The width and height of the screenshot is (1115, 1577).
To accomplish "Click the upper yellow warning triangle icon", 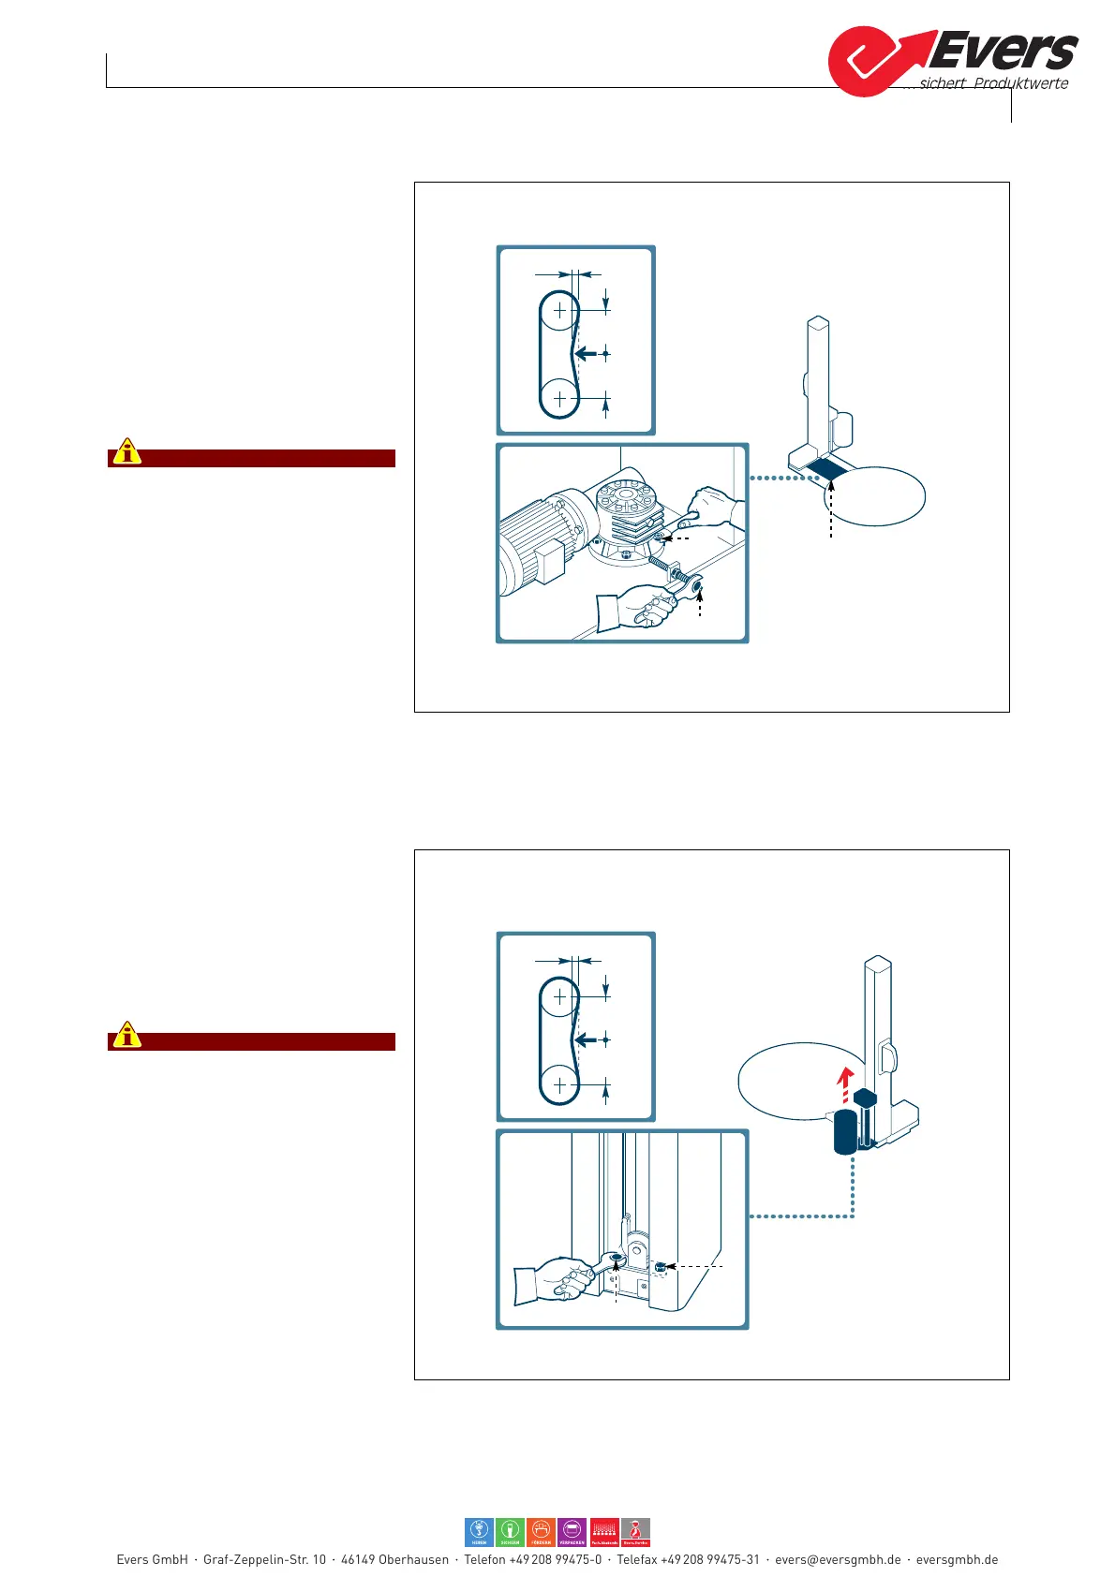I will pyautogui.click(x=126, y=452).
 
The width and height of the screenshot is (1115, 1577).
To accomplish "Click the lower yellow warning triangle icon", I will pyautogui.click(x=126, y=1036).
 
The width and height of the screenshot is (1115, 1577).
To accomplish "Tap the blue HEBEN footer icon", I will pyautogui.click(x=479, y=1532).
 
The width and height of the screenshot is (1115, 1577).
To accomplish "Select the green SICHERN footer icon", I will pyautogui.click(x=510, y=1532).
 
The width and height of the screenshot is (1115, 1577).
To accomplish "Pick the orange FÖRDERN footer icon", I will pyautogui.click(x=541, y=1532).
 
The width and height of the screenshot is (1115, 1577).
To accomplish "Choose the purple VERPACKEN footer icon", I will pyautogui.click(x=572, y=1532).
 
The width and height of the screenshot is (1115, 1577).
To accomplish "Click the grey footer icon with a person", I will pyautogui.click(x=635, y=1532).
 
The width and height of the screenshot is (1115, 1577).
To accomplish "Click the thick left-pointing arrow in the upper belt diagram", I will pyautogui.click(x=586, y=353).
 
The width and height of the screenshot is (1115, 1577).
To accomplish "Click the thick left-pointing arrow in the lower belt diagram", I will pyautogui.click(x=586, y=1039).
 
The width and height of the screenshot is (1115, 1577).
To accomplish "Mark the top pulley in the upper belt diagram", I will pyautogui.click(x=560, y=310).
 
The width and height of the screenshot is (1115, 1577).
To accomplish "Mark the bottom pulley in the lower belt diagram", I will pyautogui.click(x=560, y=1084).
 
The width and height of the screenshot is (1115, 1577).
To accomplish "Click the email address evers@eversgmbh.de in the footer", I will pyautogui.click(x=838, y=1560).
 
